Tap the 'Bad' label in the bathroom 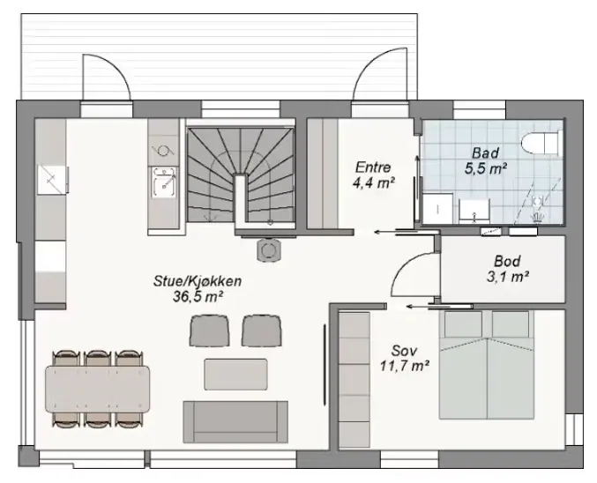(485, 153)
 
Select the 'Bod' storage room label (507, 261)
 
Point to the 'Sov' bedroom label (404, 351)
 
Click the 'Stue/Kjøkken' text (198, 281)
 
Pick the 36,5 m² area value (198, 296)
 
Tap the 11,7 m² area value (405, 366)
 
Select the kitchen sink (164, 183)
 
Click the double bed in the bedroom (487, 365)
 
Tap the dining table (98, 389)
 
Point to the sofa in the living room (235, 421)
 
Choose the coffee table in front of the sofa (235, 374)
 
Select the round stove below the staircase (270, 249)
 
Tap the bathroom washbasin (474, 211)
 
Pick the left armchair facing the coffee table (209, 331)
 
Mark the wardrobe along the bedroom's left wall (354, 380)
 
